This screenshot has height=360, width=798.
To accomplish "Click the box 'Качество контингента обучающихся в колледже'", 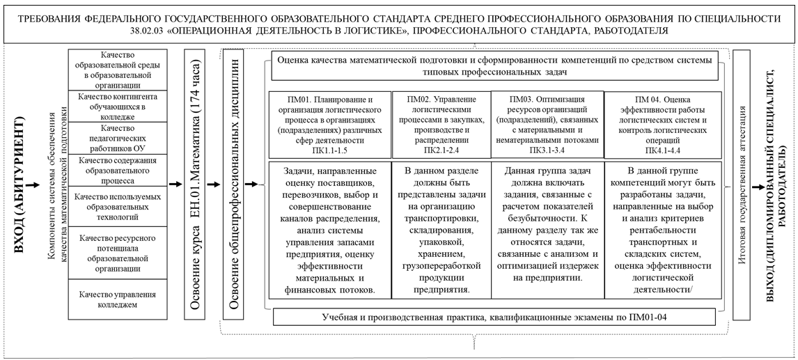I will (x=117, y=106).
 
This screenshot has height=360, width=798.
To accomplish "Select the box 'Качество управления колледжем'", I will (x=117, y=299).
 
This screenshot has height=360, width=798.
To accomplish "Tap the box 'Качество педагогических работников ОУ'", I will (x=117, y=139).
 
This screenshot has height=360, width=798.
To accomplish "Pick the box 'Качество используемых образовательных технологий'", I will (x=117, y=206).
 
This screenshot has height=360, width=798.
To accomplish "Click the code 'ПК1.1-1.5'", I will (x=329, y=148).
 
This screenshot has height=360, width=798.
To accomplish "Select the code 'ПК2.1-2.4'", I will (x=441, y=148).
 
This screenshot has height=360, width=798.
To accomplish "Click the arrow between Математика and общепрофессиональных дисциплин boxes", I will (x=214, y=186).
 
